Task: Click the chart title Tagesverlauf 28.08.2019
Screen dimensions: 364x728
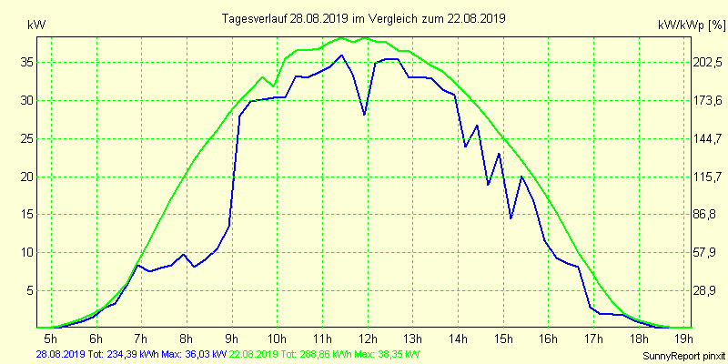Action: (364, 17)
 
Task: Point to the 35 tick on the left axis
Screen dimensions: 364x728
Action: (27, 63)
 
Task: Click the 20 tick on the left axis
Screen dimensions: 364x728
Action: (27, 177)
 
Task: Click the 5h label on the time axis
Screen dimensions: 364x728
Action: (51, 339)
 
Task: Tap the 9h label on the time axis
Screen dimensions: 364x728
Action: (232, 339)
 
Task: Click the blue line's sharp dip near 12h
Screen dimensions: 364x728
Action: (364, 114)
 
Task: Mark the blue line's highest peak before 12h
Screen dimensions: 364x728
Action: (341, 56)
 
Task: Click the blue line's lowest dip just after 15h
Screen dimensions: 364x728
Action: (511, 217)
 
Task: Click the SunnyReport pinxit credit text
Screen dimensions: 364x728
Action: (678, 355)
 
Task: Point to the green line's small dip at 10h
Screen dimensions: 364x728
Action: (274, 86)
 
